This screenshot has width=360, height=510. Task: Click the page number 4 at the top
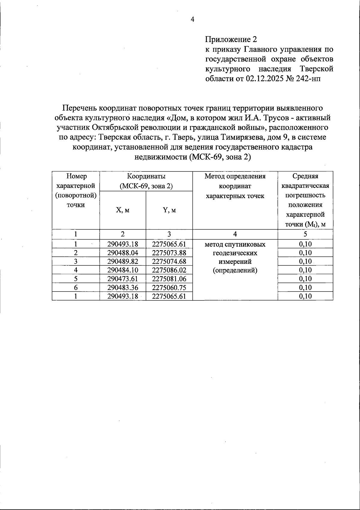pos(193,20)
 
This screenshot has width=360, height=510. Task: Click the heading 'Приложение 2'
pos(231,39)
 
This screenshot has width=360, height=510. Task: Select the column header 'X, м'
pos(122,210)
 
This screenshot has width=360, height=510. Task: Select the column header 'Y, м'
pos(169,210)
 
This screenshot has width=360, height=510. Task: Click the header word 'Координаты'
pos(146,176)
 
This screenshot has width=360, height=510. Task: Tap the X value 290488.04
pos(123,253)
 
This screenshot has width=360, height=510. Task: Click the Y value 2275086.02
pos(169,270)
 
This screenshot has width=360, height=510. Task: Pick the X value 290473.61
pos(123,279)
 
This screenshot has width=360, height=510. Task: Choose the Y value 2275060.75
pos(169,288)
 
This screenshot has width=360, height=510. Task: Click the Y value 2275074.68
pos(169,261)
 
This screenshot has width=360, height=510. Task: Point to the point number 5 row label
pos(76,279)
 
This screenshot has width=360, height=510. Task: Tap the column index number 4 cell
pos(235,234)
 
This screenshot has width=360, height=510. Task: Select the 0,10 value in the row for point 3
pos(305,261)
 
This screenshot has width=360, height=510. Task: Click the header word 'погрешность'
pos(305,195)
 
